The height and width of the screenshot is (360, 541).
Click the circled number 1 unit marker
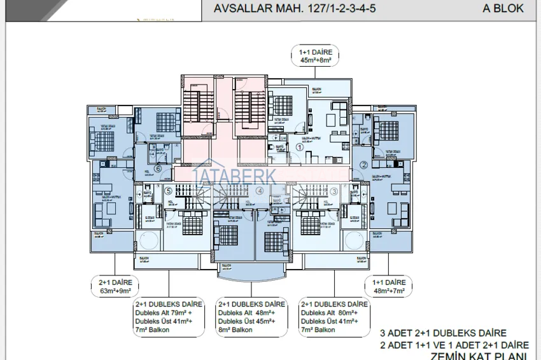pos(300,146)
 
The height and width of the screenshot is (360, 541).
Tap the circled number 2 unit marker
pos(363,165)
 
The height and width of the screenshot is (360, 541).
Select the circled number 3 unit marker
pos(334,191)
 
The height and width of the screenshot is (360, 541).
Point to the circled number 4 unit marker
pos(259,190)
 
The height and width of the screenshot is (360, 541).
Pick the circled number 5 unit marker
pos(168,190)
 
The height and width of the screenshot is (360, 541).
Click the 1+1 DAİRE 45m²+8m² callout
pos(316,56)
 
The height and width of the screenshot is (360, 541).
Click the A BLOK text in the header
pos(503,9)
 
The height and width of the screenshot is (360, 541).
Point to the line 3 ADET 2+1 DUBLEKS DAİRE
pos(443,333)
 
